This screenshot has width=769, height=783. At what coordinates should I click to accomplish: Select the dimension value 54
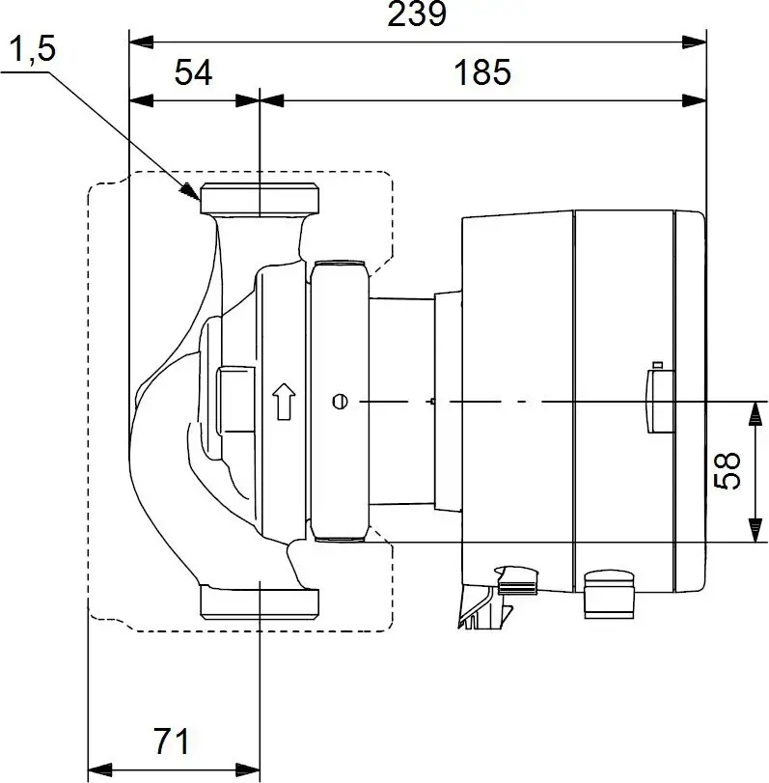coord(194,71)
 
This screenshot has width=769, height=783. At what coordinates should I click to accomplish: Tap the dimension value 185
coord(482,71)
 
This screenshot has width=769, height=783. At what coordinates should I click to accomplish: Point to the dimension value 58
coord(730,470)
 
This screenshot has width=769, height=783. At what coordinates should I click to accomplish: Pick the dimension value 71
coord(171,741)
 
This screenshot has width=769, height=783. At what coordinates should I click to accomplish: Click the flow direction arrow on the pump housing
coord(283,402)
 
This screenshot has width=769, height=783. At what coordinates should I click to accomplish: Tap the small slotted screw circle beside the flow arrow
coord(339,401)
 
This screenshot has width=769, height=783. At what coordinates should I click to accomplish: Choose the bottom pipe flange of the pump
coord(259,601)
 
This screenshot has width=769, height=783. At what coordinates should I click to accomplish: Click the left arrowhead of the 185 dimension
coord(272,98)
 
